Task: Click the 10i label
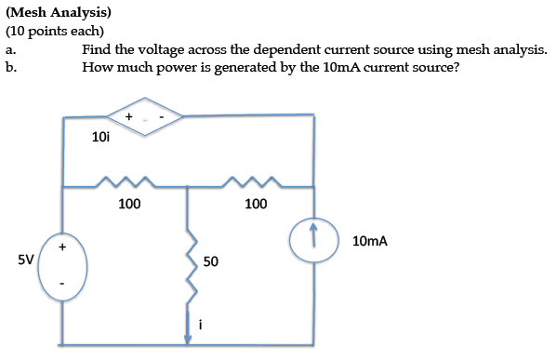pos(101,138)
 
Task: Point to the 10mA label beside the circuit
pos(370,241)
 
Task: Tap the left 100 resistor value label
pos(129,204)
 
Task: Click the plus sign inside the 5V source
pos(63,247)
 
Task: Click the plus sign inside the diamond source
pos(128,116)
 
